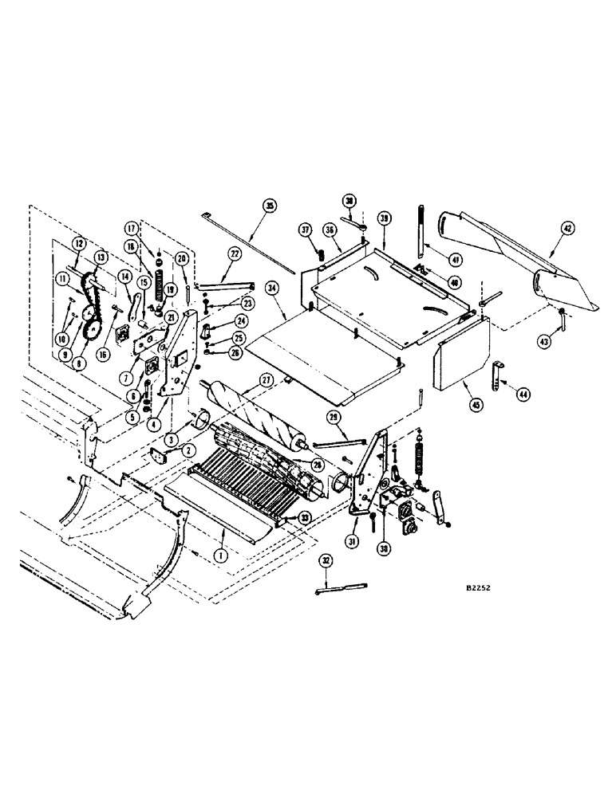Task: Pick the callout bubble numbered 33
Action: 303,517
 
